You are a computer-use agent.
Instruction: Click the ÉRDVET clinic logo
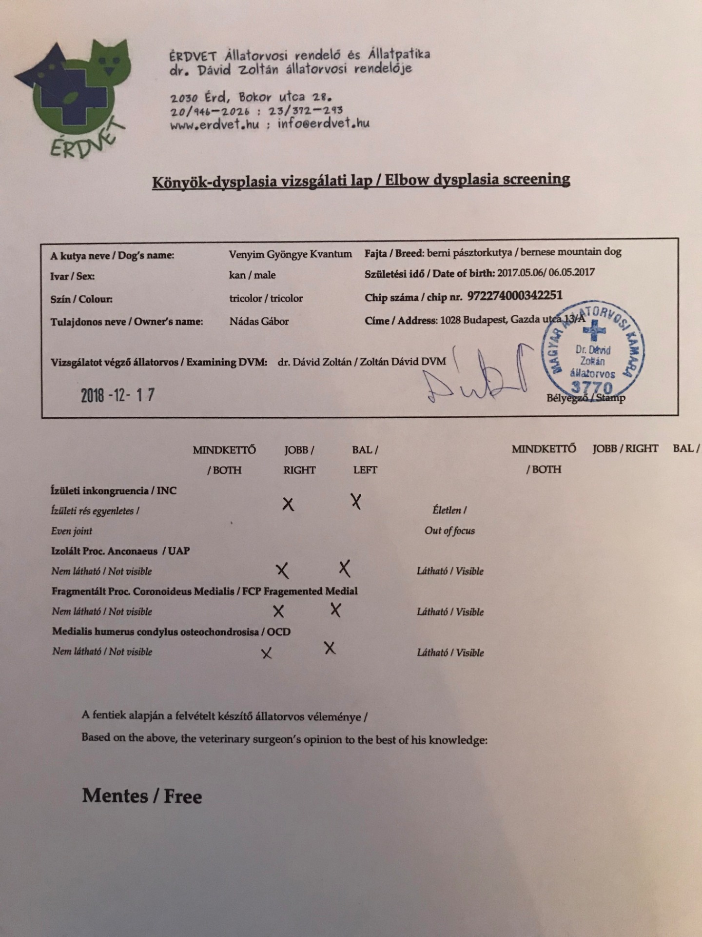click(73, 98)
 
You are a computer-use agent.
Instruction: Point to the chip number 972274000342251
click(514, 296)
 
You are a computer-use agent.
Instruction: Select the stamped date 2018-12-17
click(118, 395)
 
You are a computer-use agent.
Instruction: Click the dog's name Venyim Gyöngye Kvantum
click(290, 254)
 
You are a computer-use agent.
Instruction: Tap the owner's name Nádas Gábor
click(259, 321)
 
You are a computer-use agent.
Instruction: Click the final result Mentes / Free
click(142, 796)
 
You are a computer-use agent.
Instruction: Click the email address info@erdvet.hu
click(323, 123)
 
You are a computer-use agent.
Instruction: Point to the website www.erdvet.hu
click(214, 124)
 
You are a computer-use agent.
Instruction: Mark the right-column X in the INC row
click(288, 504)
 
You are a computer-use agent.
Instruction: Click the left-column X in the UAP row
click(345, 568)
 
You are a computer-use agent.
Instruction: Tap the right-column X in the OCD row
click(266, 653)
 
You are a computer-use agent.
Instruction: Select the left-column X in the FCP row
click(335, 610)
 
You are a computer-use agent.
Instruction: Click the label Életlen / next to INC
click(449, 510)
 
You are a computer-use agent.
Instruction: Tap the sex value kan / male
click(252, 275)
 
